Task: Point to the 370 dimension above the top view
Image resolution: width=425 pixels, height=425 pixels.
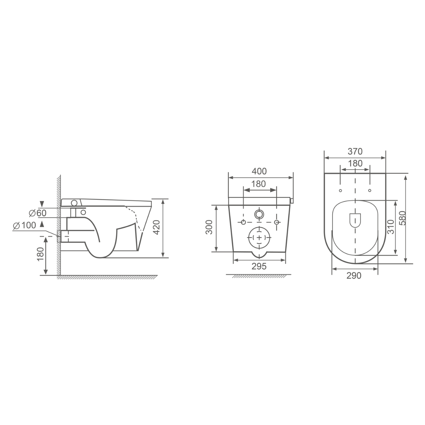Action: pyautogui.click(x=355, y=152)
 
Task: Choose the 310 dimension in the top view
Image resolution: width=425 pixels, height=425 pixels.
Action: pyautogui.click(x=391, y=227)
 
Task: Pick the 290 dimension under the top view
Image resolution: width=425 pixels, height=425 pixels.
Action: pyautogui.click(x=354, y=276)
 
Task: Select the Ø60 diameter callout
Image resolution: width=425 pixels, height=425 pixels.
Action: pyautogui.click(x=37, y=213)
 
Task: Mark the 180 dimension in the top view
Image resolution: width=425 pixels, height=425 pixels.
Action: pyautogui.click(x=355, y=163)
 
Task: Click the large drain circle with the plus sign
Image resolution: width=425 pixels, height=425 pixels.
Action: pyautogui.click(x=260, y=237)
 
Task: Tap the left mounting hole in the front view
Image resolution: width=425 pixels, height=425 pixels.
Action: pyautogui.click(x=243, y=222)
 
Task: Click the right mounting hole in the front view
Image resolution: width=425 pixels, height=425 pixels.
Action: pyautogui.click(x=277, y=222)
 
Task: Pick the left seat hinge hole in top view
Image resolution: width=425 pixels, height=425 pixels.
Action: pyautogui.click(x=340, y=191)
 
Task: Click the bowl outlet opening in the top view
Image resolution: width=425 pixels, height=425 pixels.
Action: pyautogui.click(x=355, y=221)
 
